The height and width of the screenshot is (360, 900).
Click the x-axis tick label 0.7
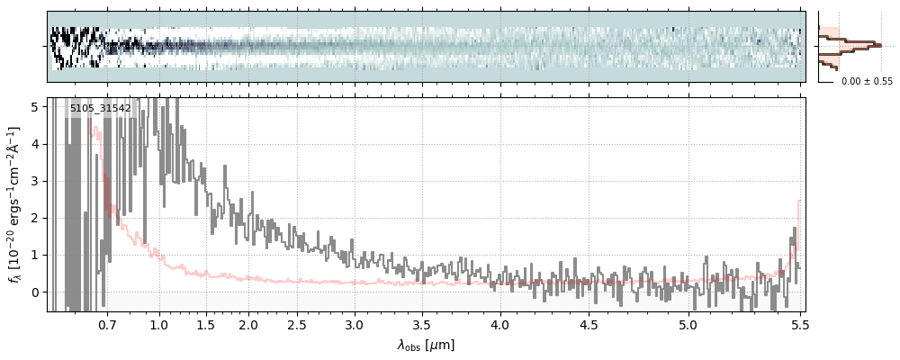107,324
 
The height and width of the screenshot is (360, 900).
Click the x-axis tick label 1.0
159,324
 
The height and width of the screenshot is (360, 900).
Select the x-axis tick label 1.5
205,324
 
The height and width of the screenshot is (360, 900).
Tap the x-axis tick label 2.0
248,324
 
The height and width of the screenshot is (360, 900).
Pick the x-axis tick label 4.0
500,324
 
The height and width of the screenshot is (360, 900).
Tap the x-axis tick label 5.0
688,324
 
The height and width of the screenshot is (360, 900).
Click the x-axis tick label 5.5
797,324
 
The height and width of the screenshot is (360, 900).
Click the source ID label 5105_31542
101,108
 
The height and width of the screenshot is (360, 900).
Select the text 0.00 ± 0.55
867,81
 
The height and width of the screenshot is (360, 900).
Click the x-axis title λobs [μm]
426,345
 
